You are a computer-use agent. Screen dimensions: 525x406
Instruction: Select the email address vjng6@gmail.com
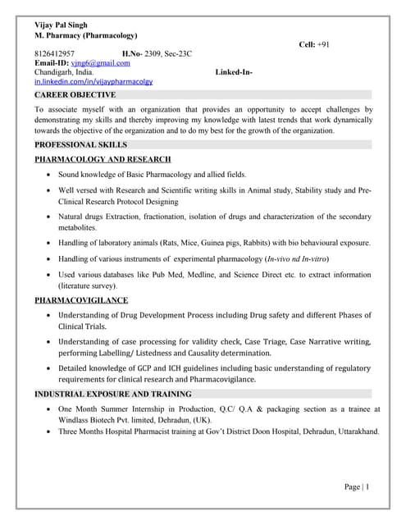pyautogui.click(x=100, y=63)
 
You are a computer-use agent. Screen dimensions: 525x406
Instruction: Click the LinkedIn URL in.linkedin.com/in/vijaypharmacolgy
pyautogui.click(x=93, y=82)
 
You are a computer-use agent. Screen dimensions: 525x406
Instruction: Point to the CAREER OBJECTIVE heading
pyautogui.click(x=75, y=95)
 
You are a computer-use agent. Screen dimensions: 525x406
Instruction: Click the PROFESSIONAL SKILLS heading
pyautogui.click(x=80, y=144)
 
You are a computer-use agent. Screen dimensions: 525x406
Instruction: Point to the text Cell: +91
pyautogui.click(x=314, y=43)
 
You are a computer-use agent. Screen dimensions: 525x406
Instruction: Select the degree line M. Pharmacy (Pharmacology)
pyautogui.click(x=85, y=36)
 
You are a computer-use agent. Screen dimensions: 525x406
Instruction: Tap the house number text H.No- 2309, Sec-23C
pyautogui.click(x=157, y=54)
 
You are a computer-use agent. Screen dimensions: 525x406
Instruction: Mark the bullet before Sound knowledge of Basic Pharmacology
pyautogui.click(x=51, y=175)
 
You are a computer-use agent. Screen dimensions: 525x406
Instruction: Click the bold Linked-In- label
pyautogui.click(x=234, y=72)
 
